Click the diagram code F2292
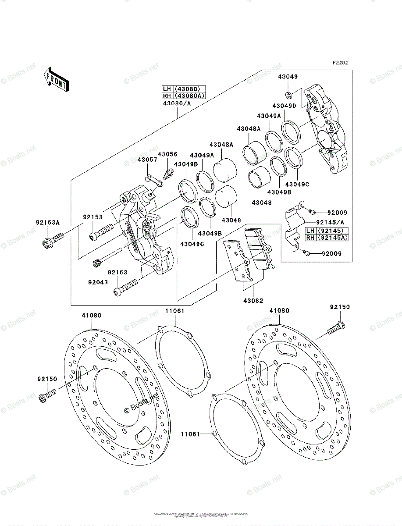coord(340,63)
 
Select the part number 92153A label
coord(45,222)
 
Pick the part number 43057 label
coord(147,160)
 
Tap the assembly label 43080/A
coord(177,103)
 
